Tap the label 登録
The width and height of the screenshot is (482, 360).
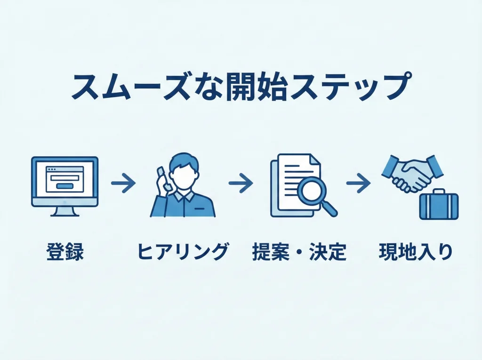65,253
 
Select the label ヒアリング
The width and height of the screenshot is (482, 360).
183,253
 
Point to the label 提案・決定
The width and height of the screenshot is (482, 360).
299,253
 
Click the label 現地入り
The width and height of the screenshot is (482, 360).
416,253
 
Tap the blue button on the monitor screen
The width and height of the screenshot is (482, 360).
64,185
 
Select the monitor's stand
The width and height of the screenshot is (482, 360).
64,211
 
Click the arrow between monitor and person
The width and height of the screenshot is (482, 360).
123,183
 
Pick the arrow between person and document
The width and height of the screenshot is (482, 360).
241,183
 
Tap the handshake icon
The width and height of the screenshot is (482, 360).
411,173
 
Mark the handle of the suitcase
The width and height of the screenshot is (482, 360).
439,192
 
